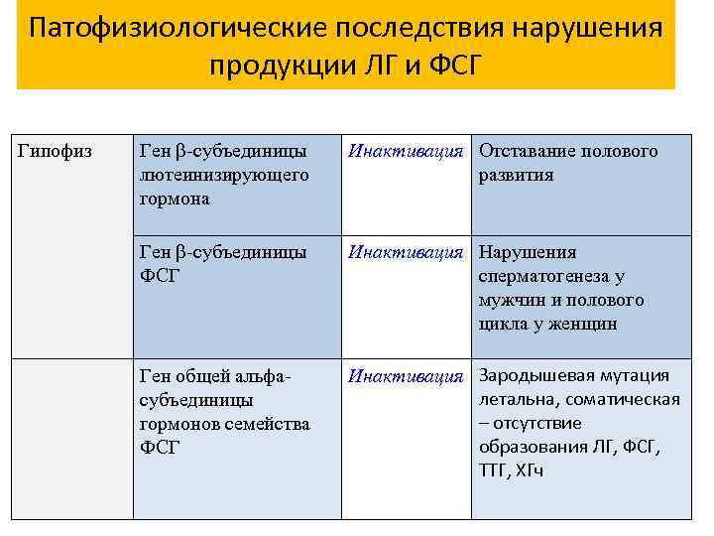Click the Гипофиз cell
pyautogui.click(x=57, y=151)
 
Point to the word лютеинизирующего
pyautogui.click(x=224, y=175)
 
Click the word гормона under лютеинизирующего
pyautogui.click(x=176, y=199)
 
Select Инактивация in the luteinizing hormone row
pyautogui.click(x=406, y=151)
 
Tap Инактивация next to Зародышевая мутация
pyautogui.click(x=406, y=376)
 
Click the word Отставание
pyautogui.click(x=528, y=151)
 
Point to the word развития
pyautogui.click(x=517, y=175)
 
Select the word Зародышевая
pyautogui.click(x=536, y=375)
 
